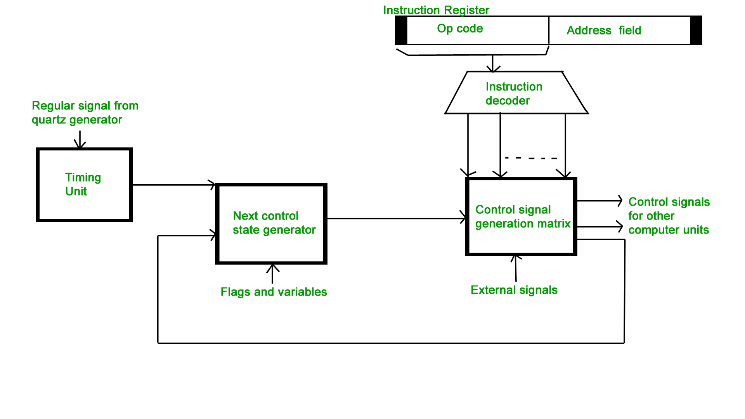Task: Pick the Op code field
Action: (478, 30)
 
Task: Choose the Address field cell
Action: (620, 30)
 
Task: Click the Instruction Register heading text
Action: (436, 10)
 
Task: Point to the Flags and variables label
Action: (274, 292)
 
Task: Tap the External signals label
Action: (514, 290)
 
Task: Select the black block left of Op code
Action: (401, 30)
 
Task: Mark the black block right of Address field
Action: (696, 30)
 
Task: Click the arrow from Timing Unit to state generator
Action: (174, 185)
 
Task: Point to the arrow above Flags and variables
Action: (272, 274)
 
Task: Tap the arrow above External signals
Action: (516, 268)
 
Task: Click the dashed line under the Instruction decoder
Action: (531, 158)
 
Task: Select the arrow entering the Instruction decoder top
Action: (493, 63)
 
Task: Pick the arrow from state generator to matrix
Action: (397, 218)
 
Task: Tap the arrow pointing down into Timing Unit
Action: (80, 140)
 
